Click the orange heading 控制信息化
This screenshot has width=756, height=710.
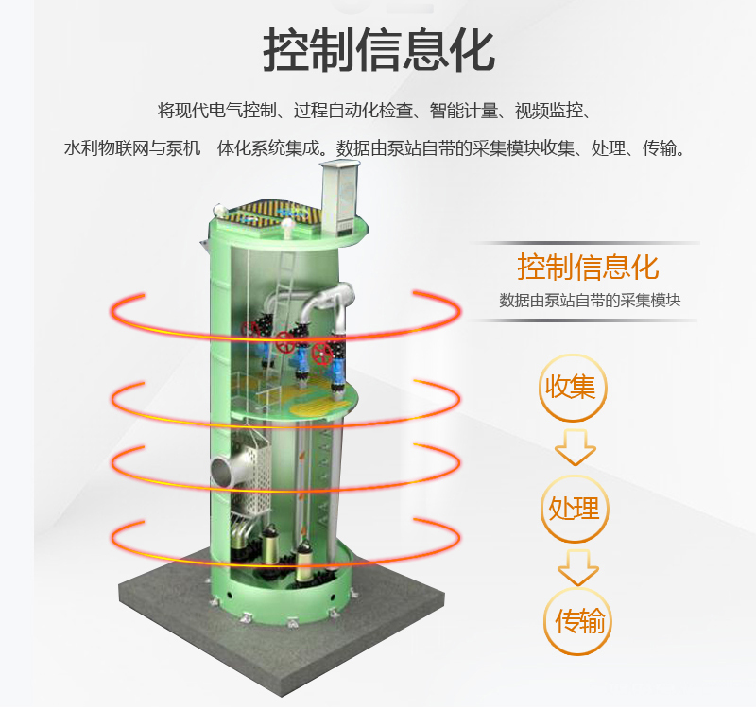coord(587,266)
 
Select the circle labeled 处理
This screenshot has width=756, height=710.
coord(574,509)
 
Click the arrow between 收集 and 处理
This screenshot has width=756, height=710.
coord(575,446)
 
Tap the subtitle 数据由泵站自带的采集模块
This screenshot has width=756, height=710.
coord(590,301)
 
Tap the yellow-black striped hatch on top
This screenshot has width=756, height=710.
coord(266,212)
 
